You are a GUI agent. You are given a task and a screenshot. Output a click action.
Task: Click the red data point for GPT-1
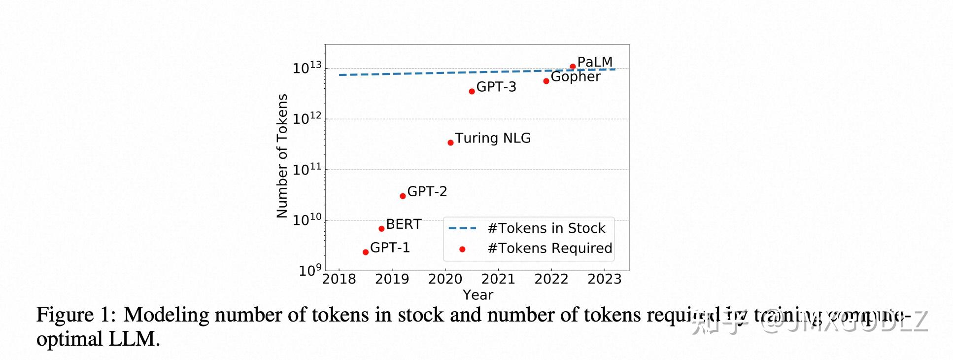(366, 252)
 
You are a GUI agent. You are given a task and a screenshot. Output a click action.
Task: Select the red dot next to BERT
(381, 228)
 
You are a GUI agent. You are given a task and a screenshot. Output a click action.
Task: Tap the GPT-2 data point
(403, 196)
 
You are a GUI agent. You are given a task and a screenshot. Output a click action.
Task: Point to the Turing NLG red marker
(450, 143)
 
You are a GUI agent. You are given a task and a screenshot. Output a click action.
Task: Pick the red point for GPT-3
(472, 91)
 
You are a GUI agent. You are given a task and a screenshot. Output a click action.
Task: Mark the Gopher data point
(546, 81)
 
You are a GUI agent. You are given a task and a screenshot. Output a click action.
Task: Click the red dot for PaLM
(573, 66)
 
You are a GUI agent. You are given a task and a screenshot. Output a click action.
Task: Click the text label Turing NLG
(492, 138)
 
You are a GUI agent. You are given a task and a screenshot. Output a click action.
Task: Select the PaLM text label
(595, 62)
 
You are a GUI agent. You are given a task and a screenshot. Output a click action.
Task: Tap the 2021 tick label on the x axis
(498, 279)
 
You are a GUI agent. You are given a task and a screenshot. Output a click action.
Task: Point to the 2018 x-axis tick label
(339, 279)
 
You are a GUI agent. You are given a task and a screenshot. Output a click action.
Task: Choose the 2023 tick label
(605, 279)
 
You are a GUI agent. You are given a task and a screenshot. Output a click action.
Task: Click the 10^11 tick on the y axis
(306, 170)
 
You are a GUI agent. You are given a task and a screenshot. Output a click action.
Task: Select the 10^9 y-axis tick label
(309, 270)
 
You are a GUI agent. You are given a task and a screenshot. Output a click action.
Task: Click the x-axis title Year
(477, 295)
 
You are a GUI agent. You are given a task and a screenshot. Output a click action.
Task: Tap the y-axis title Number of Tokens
(282, 156)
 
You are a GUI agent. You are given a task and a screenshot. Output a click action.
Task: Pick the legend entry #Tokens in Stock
(546, 228)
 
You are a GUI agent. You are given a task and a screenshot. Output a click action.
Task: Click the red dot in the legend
(462, 249)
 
